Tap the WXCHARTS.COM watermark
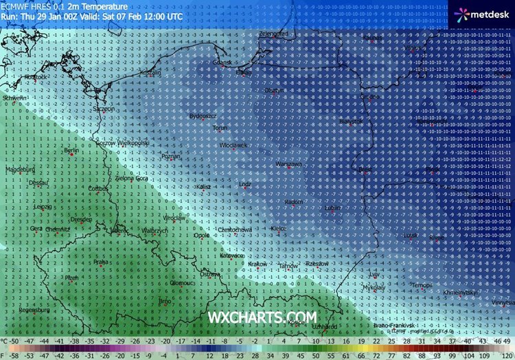tap(263, 316)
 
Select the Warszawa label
tap(288, 165)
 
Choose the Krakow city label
tap(257, 264)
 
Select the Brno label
tap(165, 300)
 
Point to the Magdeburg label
tap(19, 169)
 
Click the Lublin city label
tap(333, 207)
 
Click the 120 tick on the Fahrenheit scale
tap(505, 355)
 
